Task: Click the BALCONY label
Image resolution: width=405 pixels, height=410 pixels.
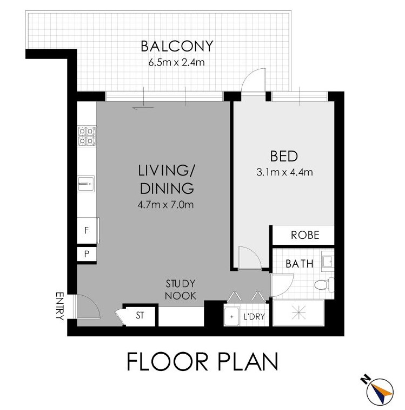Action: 177,46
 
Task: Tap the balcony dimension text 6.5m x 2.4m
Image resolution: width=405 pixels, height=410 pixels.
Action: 176,63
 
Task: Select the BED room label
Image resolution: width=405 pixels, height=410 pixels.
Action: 284,156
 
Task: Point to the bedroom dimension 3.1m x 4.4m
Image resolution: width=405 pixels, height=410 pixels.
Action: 284,172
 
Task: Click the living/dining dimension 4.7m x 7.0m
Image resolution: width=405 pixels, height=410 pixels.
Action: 165,205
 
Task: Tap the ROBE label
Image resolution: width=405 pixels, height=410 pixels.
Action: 305,235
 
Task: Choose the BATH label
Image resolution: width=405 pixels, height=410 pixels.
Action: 299,264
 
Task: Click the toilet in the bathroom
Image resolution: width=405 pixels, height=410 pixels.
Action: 324,285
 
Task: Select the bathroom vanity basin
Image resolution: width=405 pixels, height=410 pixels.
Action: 328,261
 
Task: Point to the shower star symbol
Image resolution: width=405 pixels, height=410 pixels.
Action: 298,313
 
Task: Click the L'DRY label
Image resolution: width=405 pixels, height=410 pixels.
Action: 254,317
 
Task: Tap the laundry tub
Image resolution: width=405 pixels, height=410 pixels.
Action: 232,316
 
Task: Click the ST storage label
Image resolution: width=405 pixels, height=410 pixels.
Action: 140,315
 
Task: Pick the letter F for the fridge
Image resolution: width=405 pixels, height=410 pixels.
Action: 87,230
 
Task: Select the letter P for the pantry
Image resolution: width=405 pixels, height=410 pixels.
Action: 87,253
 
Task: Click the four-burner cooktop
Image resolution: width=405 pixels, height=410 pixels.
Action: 87,136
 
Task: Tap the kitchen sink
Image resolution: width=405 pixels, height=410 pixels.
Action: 86,184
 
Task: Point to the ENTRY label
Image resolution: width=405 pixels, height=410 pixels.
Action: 60,306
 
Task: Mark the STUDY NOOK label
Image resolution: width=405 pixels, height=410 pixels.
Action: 181,290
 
